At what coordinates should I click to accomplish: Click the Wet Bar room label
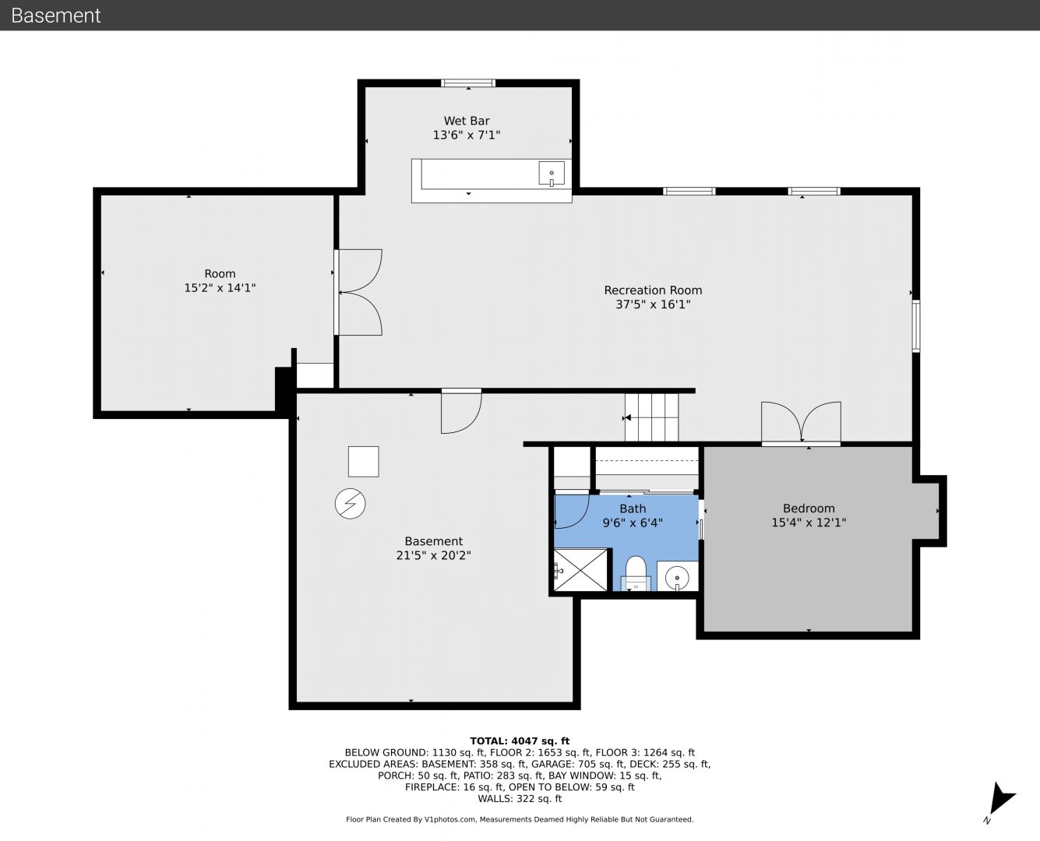[467, 121]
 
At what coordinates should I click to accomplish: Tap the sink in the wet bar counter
[552, 174]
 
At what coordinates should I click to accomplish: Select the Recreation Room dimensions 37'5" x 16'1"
[653, 304]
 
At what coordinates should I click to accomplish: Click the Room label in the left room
[220, 274]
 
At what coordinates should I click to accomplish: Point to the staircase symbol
[651, 418]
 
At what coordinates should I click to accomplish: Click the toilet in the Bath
[636, 573]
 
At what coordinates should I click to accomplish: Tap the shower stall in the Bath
[580, 569]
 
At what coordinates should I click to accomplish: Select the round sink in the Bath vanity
[677, 578]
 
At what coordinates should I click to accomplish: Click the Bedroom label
[809, 508]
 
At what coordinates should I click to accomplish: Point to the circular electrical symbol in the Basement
[350, 504]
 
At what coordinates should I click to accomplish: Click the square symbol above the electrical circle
[363, 461]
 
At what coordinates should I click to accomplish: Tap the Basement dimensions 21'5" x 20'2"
[434, 555]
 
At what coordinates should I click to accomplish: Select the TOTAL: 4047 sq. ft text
[520, 741]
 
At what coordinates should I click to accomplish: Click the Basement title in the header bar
[55, 16]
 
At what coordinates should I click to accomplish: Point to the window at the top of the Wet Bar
[467, 83]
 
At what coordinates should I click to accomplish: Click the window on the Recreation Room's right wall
[916, 326]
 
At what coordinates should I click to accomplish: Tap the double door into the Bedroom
[802, 423]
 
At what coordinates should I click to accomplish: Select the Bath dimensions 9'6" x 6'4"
[633, 523]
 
